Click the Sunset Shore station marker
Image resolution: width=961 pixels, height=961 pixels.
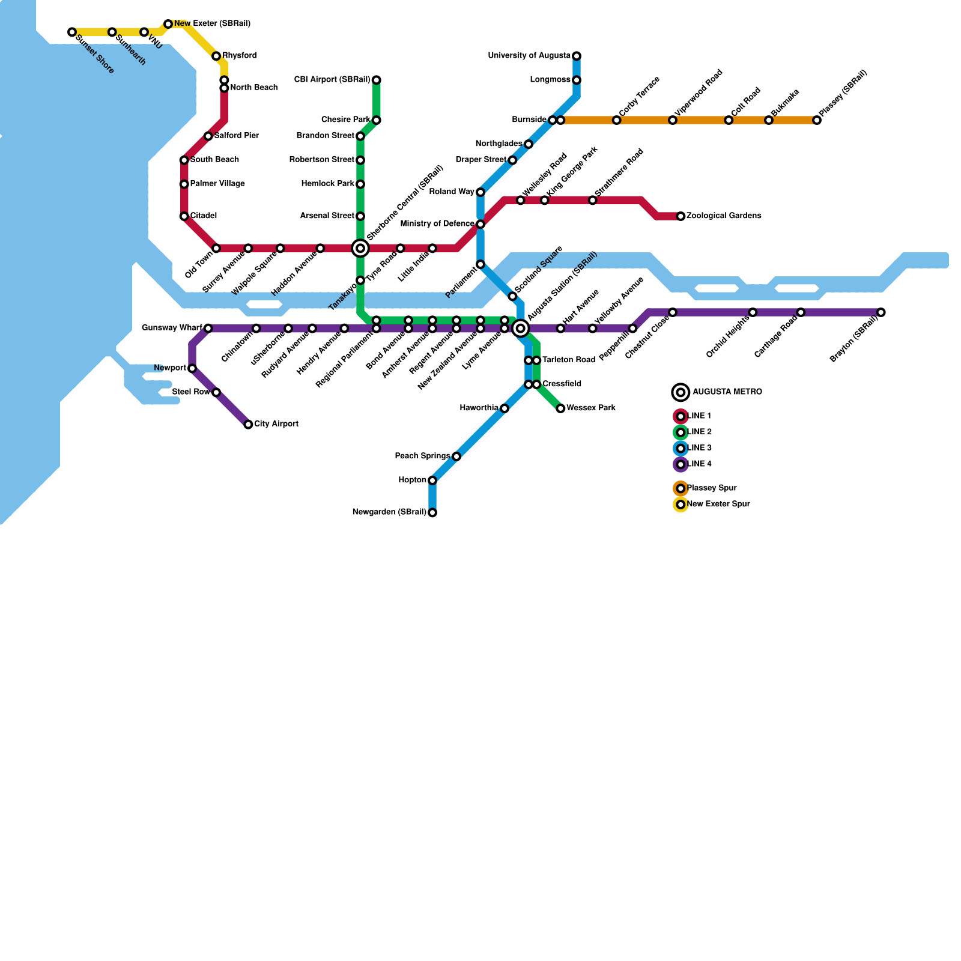(x=72, y=32)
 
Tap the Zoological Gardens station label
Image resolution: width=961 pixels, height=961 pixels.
(x=724, y=216)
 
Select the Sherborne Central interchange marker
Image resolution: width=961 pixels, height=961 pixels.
(x=360, y=248)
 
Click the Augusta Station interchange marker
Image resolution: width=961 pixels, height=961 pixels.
(x=521, y=328)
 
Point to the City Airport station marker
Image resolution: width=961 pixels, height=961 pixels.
(x=248, y=425)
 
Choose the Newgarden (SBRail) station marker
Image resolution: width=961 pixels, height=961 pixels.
(x=432, y=512)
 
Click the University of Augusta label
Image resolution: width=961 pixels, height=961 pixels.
(x=529, y=56)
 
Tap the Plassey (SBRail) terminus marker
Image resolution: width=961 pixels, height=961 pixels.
(x=817, y=120)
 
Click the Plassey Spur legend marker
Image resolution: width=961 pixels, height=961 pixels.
(x=681, y=488)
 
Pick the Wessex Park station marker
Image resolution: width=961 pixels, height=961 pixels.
(x=560, y=408)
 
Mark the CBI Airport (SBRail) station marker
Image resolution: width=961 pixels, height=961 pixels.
(x=376, y=80)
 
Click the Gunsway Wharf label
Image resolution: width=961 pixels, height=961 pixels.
(x=172, y=328)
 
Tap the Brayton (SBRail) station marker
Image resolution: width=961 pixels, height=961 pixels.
(x=881, y=312)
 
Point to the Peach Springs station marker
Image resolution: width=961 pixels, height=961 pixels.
(x=456, y=456)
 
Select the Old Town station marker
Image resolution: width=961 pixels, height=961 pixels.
(x=216, y=248)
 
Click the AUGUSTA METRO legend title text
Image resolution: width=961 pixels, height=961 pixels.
(x=727, y=392)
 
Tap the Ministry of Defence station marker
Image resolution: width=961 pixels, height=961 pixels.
(x=480, y=224)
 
